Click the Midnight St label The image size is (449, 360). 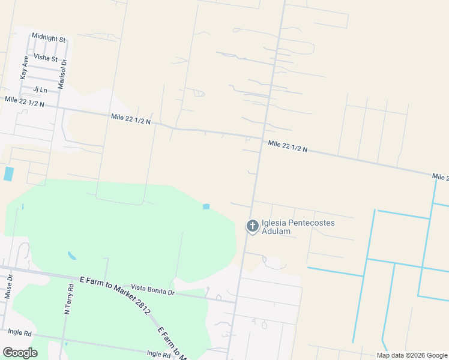[49, 38]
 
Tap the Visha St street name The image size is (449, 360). [46, 58]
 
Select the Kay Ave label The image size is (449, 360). [24, 68]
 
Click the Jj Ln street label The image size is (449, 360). [40, 89]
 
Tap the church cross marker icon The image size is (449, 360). [252, 226]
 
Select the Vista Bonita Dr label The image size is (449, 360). [152, 291]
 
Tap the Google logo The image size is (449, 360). [20, 353]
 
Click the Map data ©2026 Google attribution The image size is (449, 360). [411, 355]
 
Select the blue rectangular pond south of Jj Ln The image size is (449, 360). [8, 174]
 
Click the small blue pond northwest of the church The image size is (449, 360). [206, 206]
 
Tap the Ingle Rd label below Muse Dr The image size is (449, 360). [20, 331]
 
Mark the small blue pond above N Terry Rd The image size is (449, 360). [72, 256]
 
